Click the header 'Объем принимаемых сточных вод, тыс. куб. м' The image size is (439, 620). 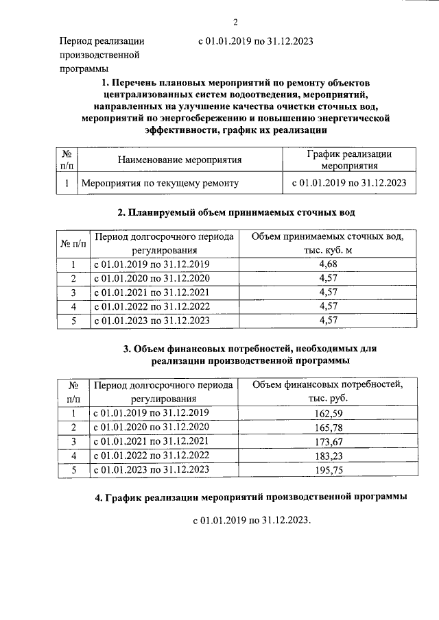click(327, 243)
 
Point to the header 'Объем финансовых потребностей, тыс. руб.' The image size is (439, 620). click(327, 392)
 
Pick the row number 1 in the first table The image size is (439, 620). click(67, 183)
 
